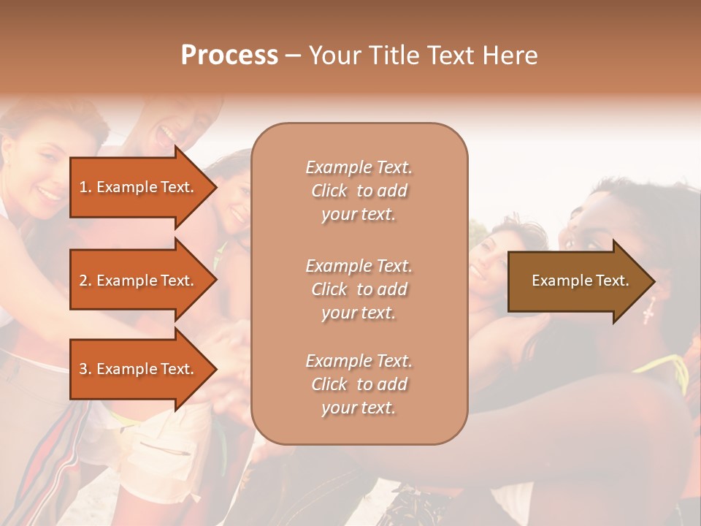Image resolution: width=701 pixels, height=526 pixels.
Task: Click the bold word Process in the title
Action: (229, 55)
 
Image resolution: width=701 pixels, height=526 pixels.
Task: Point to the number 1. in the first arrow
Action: (85, 187)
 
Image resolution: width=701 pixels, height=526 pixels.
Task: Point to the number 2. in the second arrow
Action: (85, 281)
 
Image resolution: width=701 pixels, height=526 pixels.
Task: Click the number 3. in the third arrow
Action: (85, 369)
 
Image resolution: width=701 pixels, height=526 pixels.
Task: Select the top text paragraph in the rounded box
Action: (359, 191)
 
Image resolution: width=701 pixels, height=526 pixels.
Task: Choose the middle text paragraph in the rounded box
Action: (359, 289)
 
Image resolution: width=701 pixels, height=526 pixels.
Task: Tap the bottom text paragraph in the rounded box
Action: (359, 384)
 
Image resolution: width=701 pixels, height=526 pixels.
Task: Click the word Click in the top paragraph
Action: (329, 191)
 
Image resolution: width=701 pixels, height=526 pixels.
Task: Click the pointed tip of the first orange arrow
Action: (215, 187)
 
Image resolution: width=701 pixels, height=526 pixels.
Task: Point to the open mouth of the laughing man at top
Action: (166, 134)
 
